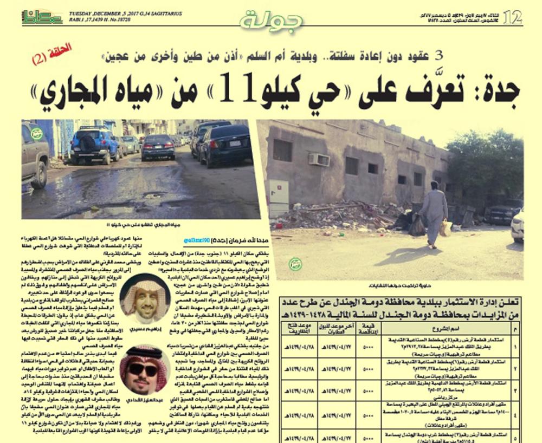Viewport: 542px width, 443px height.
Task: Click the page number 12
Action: pyautogui.click(x=512, y=18)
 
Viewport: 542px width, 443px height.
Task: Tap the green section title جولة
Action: pyautogui.click(x=271, y=20)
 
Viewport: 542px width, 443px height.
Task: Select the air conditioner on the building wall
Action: pyautogui.click(x=319, y=160)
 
